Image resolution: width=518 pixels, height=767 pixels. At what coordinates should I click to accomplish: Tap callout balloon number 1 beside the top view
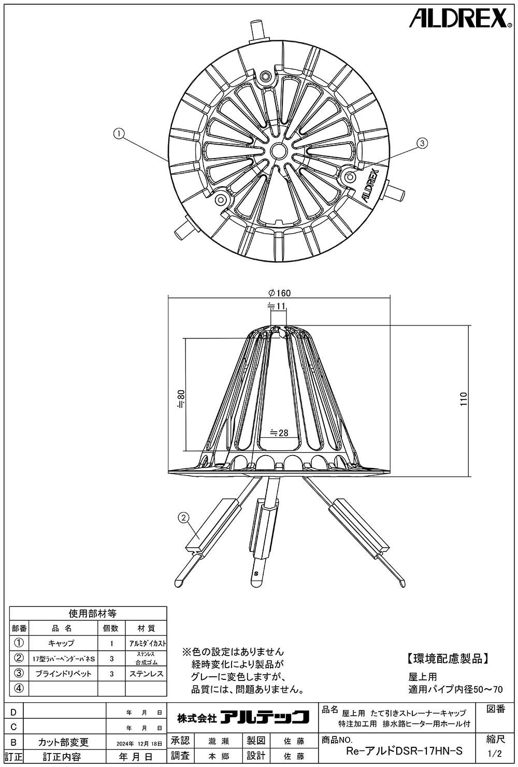[119, 134]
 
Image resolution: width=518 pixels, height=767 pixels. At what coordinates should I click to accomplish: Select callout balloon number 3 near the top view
[422, 143]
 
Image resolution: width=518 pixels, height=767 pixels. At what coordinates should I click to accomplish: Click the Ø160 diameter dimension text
[280, 293]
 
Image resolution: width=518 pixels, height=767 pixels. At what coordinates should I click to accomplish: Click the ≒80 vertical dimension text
[181, 399]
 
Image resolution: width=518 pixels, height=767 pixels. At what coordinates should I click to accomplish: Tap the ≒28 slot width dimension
[279, 433]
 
